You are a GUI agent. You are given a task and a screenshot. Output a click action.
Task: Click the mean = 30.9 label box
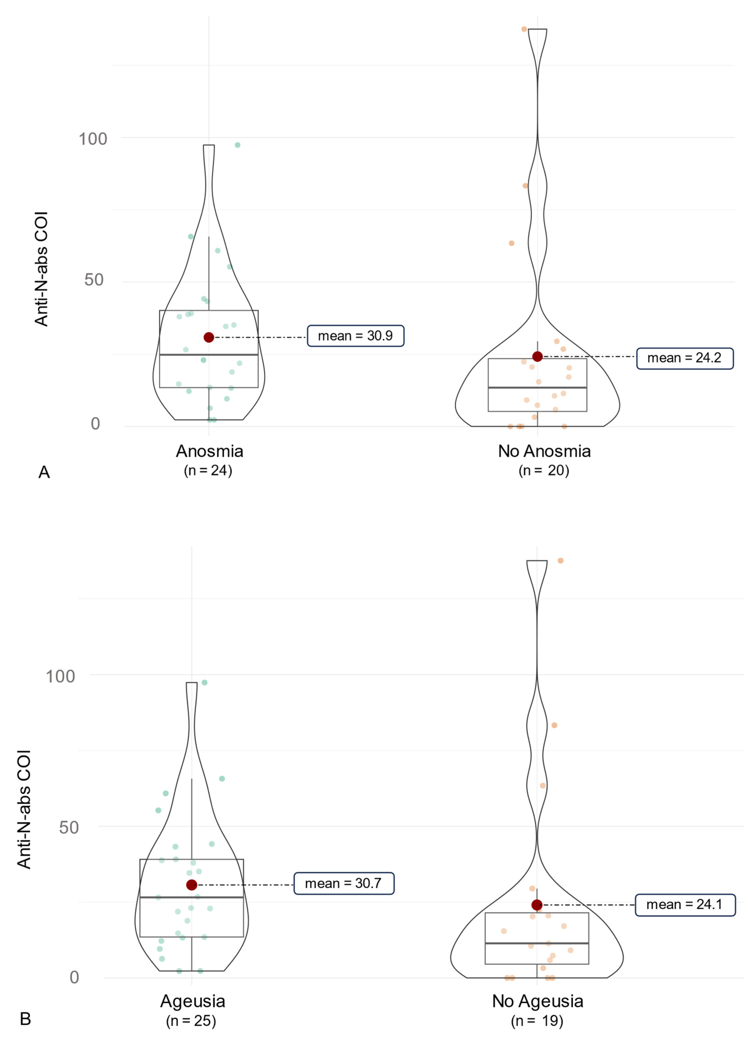(x=355, y=336)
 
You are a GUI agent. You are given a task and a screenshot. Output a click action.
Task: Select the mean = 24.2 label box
(x=684, y=358)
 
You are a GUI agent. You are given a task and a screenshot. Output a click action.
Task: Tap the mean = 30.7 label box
(x=344, y=884)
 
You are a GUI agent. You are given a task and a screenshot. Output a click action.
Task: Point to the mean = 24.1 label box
(x=685, y=905)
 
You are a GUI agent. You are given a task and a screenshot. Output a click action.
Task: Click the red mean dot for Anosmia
(x=209, y=337)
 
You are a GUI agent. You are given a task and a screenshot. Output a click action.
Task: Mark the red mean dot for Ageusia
(x=192, y=885)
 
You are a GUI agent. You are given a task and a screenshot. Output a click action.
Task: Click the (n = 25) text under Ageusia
(x=191, y=1021)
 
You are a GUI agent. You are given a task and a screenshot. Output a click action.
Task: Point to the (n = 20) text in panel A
(x=544, y=470)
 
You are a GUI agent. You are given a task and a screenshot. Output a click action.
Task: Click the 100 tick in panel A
(x=93, y=139)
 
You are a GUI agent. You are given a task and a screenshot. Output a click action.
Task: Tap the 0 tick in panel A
(x=95, y=423)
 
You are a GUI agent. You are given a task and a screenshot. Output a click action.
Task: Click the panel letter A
(x=44, y=472)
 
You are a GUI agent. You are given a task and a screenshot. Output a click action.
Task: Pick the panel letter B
(x=25, y=1019)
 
